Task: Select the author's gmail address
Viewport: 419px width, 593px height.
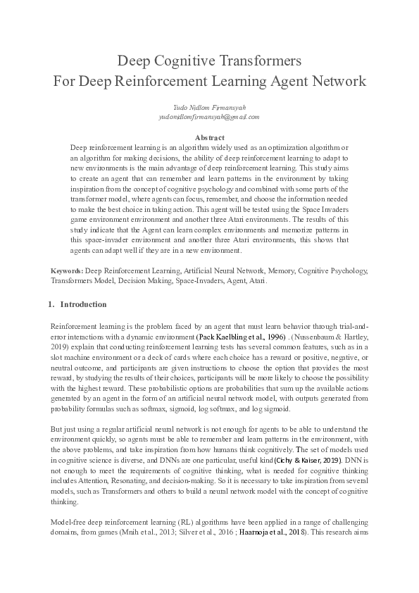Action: [x=209, y=117]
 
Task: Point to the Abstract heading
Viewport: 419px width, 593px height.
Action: [x=209, y=137]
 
